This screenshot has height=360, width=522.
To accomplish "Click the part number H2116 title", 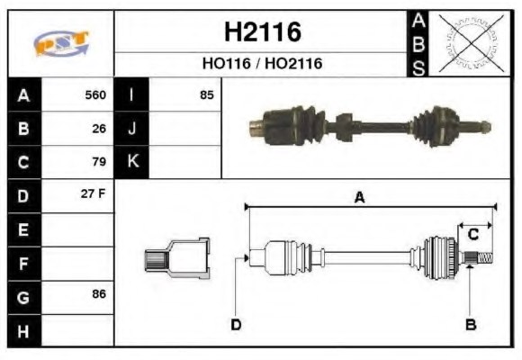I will (262, 32).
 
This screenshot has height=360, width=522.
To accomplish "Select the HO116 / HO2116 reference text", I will (262, 64).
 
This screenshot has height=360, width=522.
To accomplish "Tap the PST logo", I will (60, 43).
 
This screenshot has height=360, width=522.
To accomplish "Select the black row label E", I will (24, 229).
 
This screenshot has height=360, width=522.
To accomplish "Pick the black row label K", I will (132, 162).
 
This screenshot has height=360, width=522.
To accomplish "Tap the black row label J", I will (132, 128).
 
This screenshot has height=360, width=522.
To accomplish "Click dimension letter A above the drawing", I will (359, 198).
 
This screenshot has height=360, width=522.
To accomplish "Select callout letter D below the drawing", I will (236, 324).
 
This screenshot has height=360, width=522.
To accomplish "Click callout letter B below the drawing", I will (469, 324).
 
